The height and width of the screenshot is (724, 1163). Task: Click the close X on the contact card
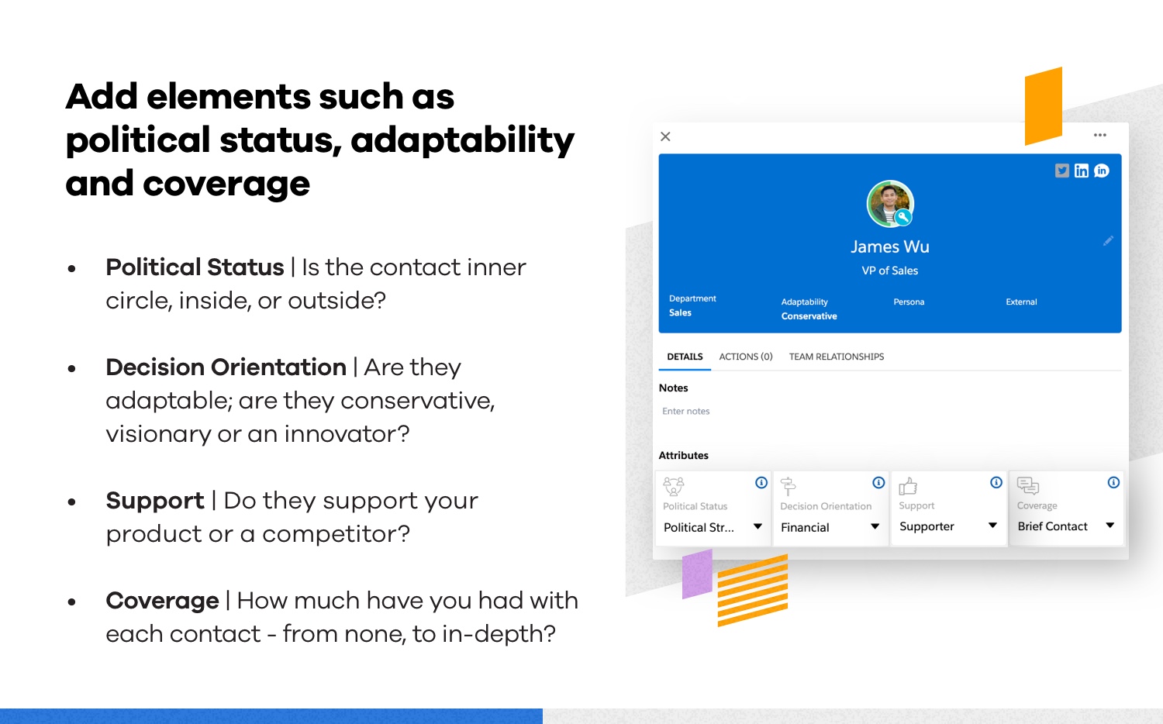tap(665, 136)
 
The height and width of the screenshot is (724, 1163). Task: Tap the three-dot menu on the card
tap(1099, 135)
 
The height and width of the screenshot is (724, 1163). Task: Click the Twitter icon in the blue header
tap(1061, 171)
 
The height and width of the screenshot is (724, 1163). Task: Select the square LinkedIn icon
tap(1082, 171)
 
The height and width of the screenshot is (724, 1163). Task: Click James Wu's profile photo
tap(890, 203)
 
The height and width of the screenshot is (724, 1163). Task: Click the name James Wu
tap(890, 247)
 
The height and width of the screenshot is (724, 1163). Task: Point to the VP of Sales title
tap(890, 271)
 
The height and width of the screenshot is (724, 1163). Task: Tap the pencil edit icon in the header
tap(1108, 241)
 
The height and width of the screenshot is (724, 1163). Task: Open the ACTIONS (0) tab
tap(746, 357)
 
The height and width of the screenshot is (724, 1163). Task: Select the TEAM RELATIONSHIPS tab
tap(837, 357)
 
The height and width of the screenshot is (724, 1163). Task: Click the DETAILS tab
tap(685, 357)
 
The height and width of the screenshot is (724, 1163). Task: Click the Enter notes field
tap(686, 411)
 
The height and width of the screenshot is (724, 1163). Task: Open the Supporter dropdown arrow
tap(992, 526)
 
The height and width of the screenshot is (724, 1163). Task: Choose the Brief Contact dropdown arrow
tap(1110, 526)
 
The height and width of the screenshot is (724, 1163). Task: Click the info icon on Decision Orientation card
tap(878, 483)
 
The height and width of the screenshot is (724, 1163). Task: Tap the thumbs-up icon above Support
tap(908, 486)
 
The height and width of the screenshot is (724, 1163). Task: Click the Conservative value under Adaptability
tap(809, 316)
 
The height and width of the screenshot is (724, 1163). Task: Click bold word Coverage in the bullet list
tap(163, 601)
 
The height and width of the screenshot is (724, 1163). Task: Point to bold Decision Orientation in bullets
tap(226, 367)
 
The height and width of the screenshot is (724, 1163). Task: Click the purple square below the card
tap(697, 574)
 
